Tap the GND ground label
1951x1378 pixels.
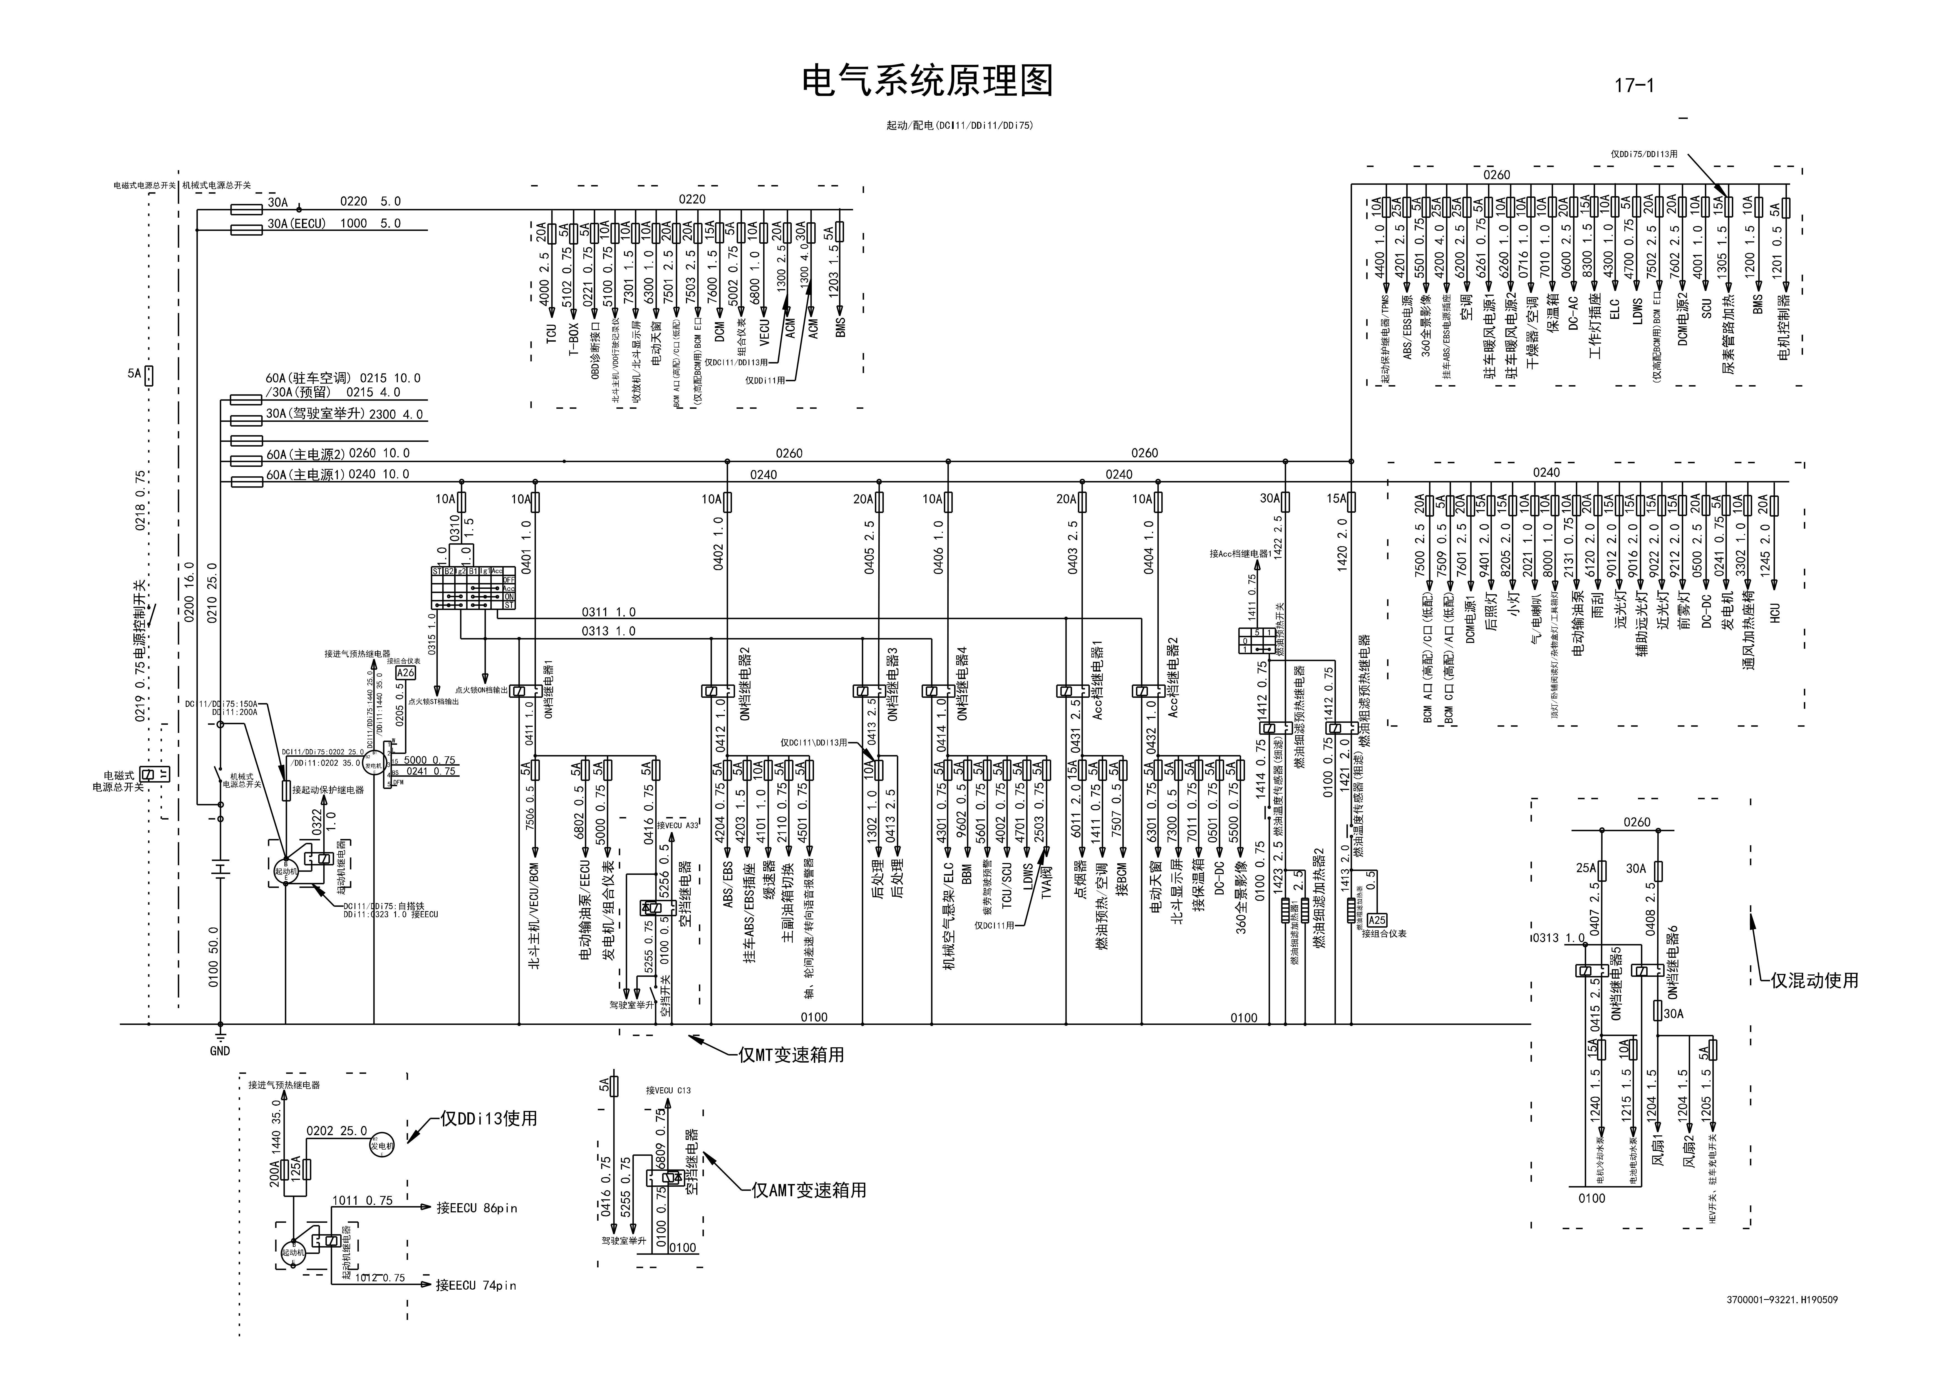(219, 1051)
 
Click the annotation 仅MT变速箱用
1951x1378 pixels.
(790, 1055)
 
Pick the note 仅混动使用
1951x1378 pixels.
(1814, 980)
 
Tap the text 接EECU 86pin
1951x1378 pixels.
(476, 1208)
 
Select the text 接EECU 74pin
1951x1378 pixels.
(476, 1285)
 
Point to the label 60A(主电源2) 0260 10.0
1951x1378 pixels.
(337, 454)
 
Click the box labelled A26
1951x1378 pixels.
(405, 673)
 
